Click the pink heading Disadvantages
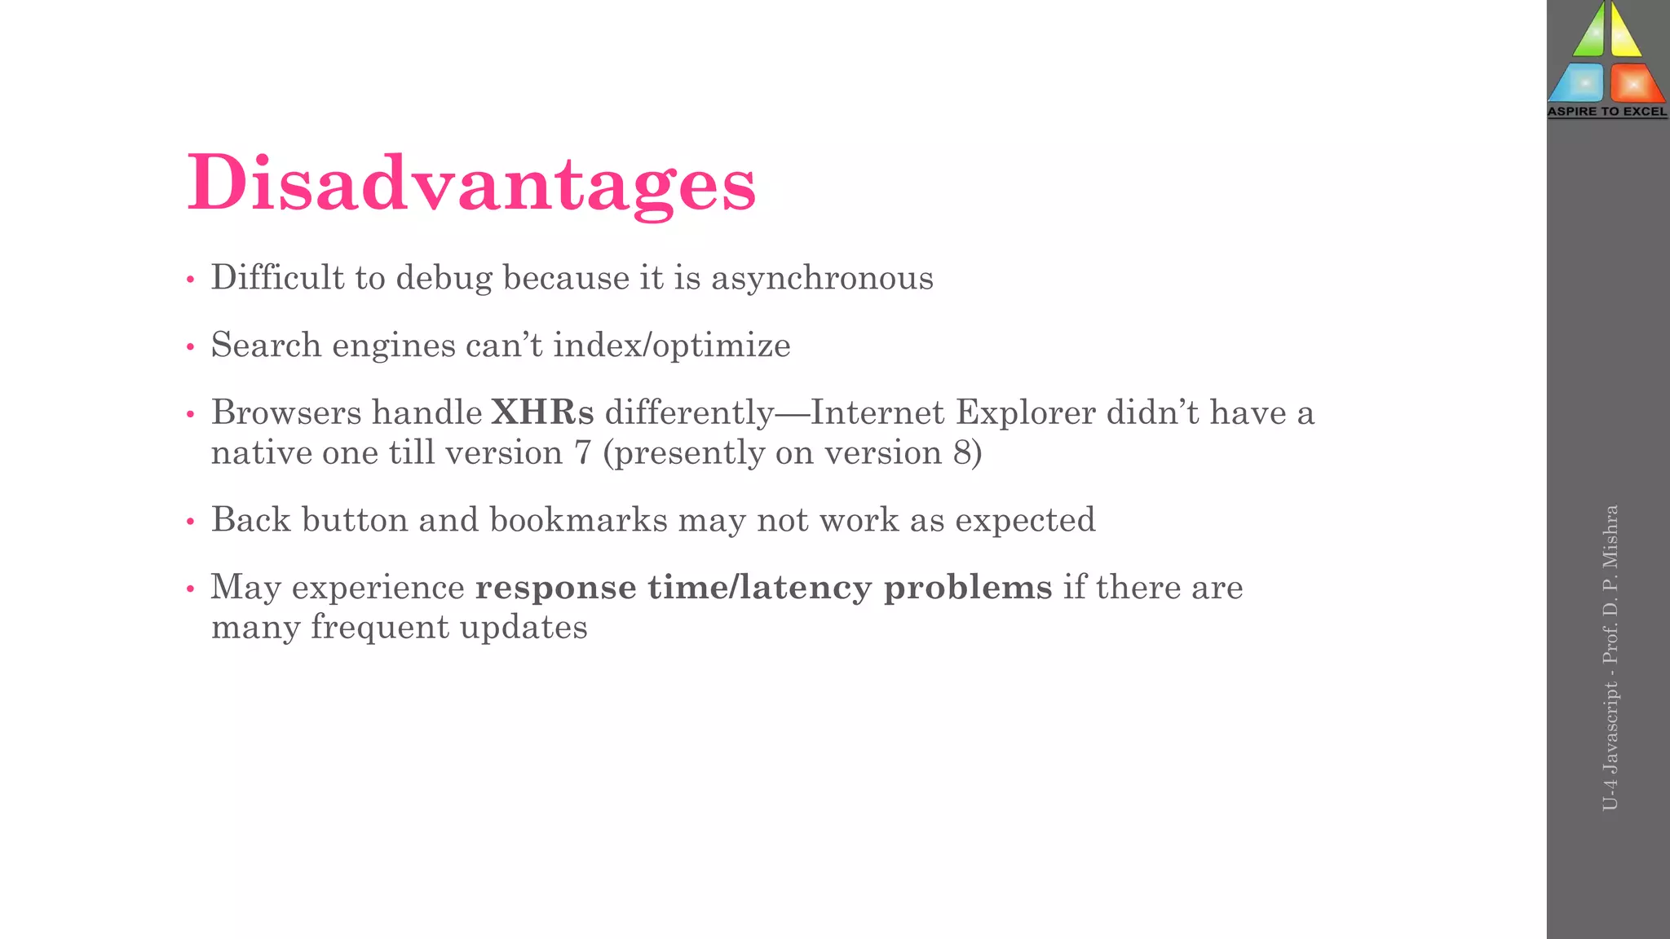point(471,183)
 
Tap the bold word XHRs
point(542,412)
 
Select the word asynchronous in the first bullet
point(822,279)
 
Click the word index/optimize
point(672,346)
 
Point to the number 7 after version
point(582,453)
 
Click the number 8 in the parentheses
point(962,453)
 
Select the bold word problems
point(968,588)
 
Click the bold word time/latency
point(760,588)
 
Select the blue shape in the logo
point(1579,82)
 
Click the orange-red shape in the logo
point(1635,82)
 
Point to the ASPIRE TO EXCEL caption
point(1607,112)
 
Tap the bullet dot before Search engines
point(190,348)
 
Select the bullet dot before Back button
point(190,522)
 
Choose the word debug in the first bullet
point(444,279)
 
